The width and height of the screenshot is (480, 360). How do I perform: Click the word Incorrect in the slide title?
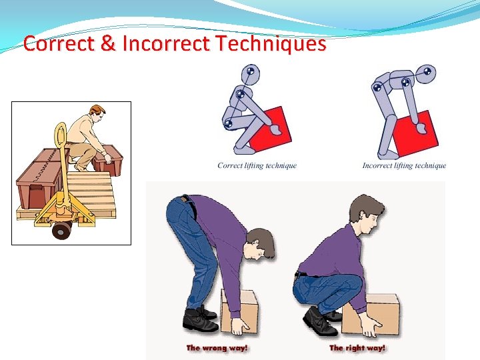tap(166, 43)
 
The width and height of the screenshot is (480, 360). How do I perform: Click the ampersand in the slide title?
tap(108, 43)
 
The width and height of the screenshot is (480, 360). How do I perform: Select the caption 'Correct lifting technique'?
tap(257, 165)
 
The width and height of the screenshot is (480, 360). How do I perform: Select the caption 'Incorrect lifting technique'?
tap(404, 165)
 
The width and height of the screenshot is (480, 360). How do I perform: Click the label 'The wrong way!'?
tap(217, 348)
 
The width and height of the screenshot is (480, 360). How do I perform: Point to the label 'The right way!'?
tap(357, 348)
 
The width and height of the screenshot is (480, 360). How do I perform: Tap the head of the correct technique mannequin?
tap(251, 74)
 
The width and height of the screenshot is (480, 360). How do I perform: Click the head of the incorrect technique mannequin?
tap(426, 73)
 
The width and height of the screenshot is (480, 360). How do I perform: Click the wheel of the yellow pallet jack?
tap(62, 231)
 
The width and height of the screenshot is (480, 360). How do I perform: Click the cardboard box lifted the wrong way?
tap(239, 311)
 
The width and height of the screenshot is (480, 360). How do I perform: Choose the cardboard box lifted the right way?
tap(371, 315)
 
